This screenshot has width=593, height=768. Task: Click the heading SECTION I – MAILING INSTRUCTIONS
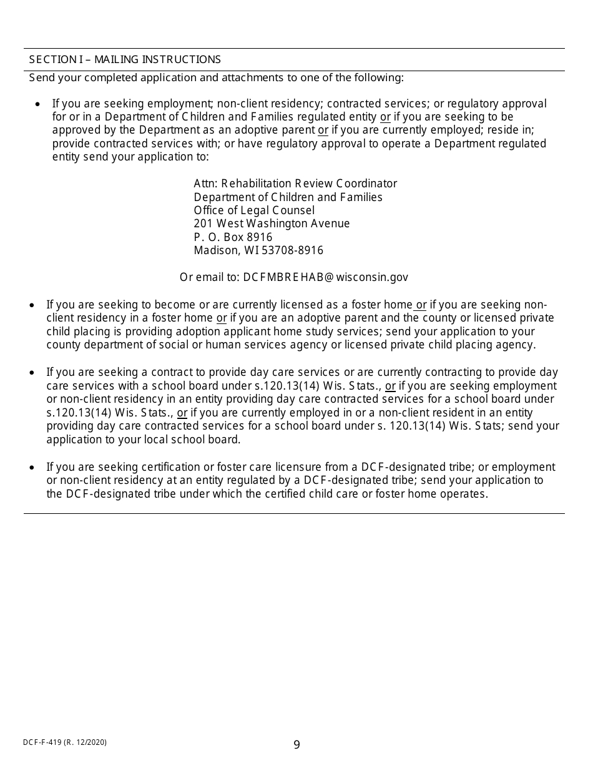point(125,59)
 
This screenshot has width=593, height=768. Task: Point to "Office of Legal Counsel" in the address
point(254,210)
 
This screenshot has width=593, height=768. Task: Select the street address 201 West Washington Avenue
point(272,224)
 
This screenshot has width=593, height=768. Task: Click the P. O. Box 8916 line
point(233,237)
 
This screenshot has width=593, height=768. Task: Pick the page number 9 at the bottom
point(296,744)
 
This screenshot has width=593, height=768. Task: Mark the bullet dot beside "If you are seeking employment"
point(39,104)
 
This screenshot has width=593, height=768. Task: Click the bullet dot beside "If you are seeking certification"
point(32,467)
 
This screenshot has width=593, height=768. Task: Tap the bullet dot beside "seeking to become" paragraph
point(32,305)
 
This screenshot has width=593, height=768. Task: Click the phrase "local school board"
point(197,440)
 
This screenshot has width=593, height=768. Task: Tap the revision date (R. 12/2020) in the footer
point(87,742)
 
